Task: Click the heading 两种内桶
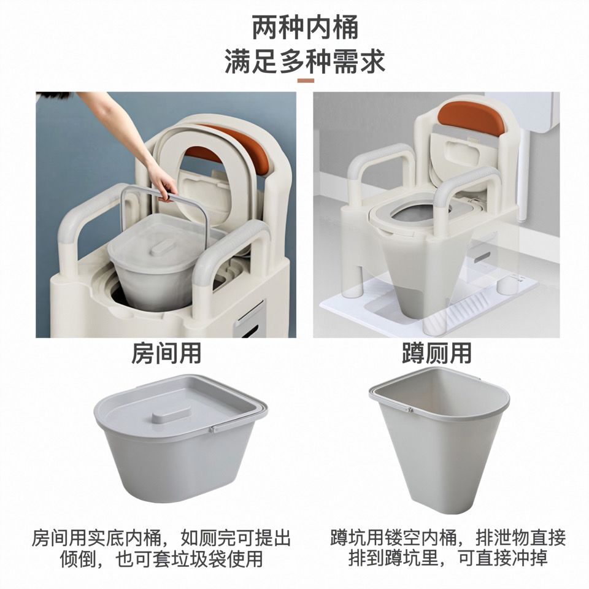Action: point(305,28)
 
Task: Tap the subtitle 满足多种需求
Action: point(305,61)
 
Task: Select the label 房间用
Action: point(166,353)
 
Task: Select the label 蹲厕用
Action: point(436,353)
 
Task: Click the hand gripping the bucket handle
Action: point(164,187)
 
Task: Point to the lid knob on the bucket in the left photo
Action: point(162,248)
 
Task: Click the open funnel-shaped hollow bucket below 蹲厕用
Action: point(439,436)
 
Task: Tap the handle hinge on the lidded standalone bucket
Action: point(213,429)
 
